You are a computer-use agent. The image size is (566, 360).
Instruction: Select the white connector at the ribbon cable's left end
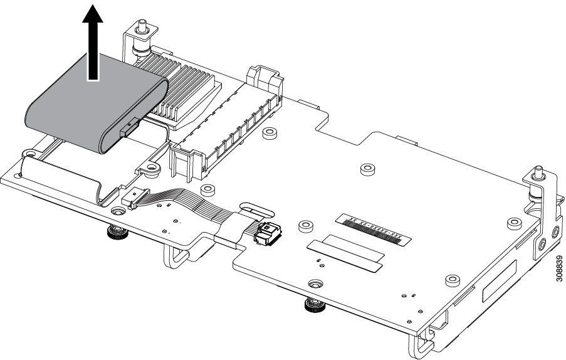133,199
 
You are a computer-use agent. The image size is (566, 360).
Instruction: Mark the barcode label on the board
374,228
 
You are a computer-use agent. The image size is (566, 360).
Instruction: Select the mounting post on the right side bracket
538,183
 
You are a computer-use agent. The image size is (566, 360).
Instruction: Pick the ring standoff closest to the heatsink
270,133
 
